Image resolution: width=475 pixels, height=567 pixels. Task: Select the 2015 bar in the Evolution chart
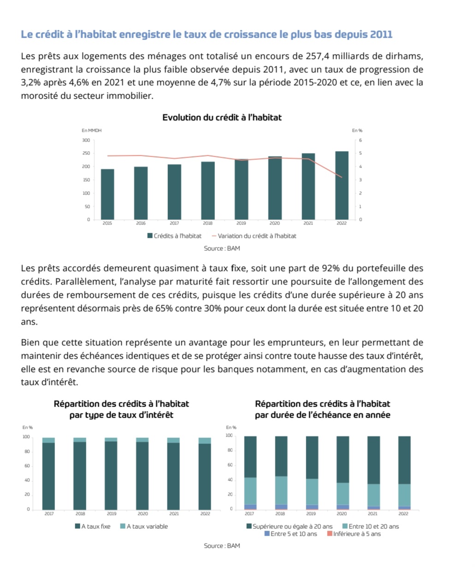pyautogui.click(x=107, y=194)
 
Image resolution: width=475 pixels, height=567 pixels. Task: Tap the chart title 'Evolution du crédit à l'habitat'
pyautogui.click(x=222, y=118)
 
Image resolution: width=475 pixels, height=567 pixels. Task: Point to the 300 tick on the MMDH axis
pyautogui.click(x=86, y=140)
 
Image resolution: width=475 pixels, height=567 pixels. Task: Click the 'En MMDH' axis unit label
pyautogui.click(x=92, y=130)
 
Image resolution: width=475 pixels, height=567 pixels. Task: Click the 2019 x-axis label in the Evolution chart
pyautogui.click(x=241, y=223)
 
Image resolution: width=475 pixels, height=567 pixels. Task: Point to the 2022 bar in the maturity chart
pyautogui.click(x=404, y=472)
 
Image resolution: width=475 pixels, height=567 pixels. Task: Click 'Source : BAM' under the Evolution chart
pyautogui.click(x=222, y=248)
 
